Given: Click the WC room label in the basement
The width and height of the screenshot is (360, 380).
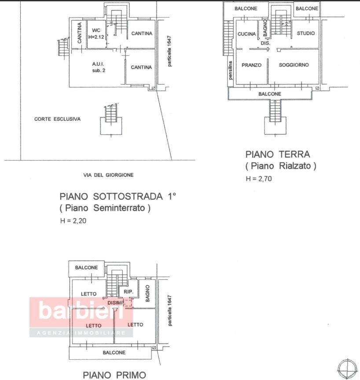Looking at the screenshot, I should tap(96, 30).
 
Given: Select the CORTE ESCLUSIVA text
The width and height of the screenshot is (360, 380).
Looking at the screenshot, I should tap(57, 119).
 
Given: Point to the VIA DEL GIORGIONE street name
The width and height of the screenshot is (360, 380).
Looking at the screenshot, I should tap(108, 175).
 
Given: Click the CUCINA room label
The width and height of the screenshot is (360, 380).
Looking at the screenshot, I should tap(246, 34).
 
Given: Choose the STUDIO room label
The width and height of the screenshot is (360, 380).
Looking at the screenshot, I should tap(305, 33).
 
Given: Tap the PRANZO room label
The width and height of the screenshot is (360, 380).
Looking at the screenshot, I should tap(251, 65).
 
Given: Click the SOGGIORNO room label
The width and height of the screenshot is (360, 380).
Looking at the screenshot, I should tap(294, 65).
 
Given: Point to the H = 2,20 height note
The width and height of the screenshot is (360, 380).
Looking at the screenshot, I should tap(73, 221).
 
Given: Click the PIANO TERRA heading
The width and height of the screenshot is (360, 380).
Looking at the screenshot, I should tap(277, 154).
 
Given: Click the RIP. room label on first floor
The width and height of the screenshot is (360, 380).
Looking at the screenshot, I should tap(129, 292).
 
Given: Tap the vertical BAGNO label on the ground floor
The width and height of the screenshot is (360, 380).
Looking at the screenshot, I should tap(265, 28).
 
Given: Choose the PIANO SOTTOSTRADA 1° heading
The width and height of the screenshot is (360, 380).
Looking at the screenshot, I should tap(118, 196).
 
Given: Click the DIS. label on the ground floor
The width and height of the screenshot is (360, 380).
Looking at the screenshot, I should tap(265, 43).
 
